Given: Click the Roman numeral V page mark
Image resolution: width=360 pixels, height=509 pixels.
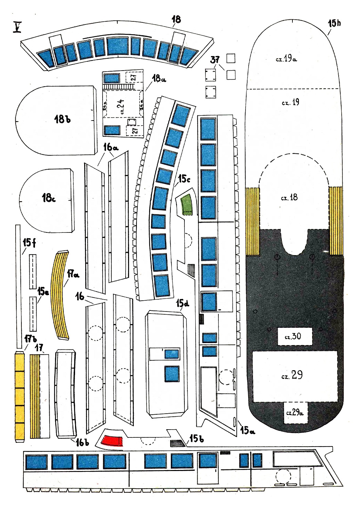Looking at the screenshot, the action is click(x=17, y=27).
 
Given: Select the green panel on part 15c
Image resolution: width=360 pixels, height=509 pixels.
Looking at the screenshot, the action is click(x=186, y=204).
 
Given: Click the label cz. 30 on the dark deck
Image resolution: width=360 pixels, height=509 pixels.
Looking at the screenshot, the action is click(x=293, y=336).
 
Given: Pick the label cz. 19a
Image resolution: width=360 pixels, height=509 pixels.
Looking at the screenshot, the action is click(x=286, y=59).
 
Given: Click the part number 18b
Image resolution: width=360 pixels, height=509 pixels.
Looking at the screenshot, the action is click(x=62, y=119).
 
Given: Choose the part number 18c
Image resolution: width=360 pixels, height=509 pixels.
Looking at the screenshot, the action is click(x=49, y=198).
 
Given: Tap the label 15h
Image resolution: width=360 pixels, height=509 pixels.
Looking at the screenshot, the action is click(x=334, y=23).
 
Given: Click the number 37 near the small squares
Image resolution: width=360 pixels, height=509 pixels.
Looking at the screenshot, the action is click(x=215, y=60).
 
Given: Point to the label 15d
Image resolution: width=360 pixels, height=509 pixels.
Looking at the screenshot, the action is click(x=183, y=303).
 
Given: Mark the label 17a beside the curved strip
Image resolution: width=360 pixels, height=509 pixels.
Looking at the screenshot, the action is click(x=73, y=275).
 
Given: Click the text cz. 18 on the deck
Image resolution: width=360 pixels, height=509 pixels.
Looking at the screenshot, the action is click(x=289, y=197).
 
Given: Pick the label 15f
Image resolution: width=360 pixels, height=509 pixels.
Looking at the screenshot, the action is click(x=29, y=243).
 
